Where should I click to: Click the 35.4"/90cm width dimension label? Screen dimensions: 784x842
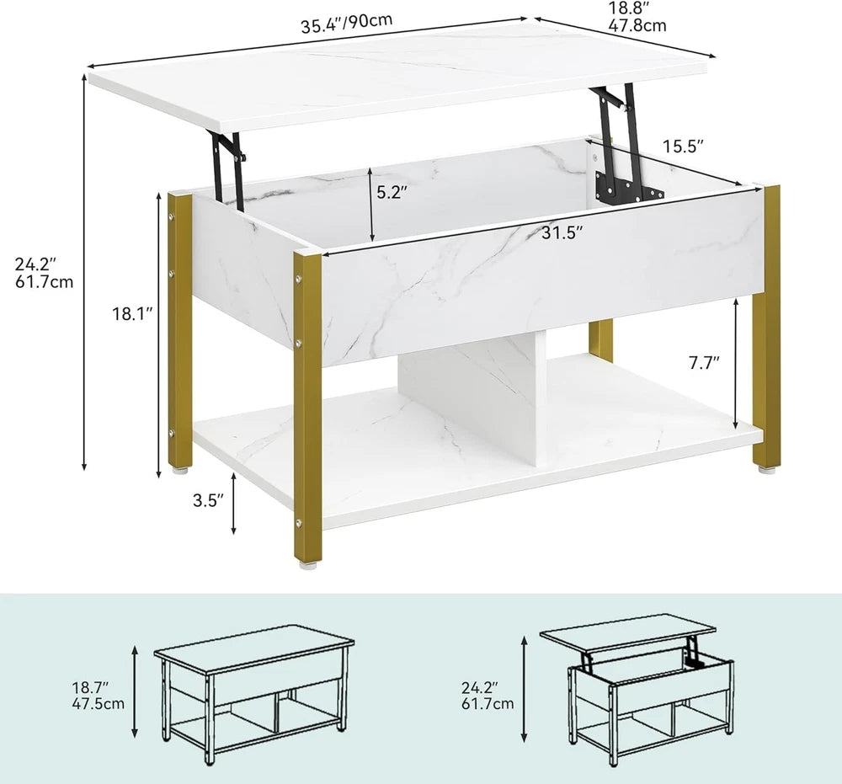[347, 23]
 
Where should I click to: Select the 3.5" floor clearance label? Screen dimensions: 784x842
[206, 500]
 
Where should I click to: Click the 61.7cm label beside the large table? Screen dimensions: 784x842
[45, 282]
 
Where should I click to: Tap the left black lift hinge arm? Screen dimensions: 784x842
[229, 165]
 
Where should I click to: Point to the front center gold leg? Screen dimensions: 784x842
[307, 404]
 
